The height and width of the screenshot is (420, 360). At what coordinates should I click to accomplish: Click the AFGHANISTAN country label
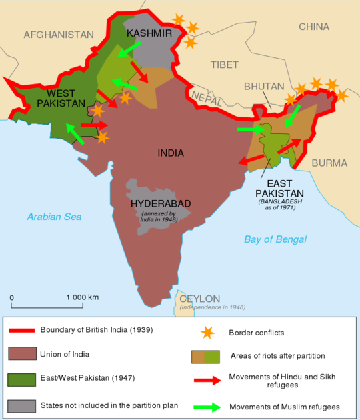click(x=59, y=34)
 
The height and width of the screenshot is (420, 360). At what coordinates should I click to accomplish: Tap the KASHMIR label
click(x=149, y=33)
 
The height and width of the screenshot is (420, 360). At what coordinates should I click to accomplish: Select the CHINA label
click(x=313, y=27)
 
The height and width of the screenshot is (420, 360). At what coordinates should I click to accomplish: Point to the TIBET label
click(x=223, y=65)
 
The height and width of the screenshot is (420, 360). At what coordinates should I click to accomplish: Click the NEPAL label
click(x=205, y=97)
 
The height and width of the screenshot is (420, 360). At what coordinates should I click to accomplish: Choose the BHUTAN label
click(x=264, y=87)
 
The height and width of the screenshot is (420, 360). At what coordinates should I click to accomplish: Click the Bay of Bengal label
click(x=275, y=239)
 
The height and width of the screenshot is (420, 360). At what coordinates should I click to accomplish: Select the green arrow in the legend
click(x=207, y=407)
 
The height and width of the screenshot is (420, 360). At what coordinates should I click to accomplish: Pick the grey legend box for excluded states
click(x=21, y=405)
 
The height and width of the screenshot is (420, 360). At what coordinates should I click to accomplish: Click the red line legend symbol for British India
click(x=21, y=329)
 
